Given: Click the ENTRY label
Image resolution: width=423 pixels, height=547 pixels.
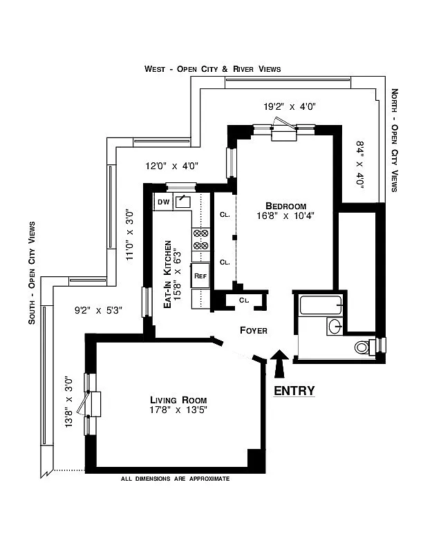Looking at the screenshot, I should coord(294,391).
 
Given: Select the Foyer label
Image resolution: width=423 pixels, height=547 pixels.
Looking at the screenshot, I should coord(253,331).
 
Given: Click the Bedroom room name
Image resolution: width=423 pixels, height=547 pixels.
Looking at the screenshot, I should coord(286,206).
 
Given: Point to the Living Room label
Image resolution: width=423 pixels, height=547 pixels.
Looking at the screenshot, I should coord(178,400).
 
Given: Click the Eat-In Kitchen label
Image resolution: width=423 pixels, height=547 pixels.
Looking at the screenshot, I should coord(167,273).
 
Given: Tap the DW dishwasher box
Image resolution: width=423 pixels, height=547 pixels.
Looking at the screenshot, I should coord(164,202).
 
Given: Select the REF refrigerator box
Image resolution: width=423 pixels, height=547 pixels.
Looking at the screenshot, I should coord(200,276).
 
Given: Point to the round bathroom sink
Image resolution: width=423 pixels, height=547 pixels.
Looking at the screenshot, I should coord(332,326).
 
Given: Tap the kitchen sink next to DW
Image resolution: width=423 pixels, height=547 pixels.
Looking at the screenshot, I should coord(183,201).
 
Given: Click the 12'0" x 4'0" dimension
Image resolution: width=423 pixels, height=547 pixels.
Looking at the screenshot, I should coord(172,166).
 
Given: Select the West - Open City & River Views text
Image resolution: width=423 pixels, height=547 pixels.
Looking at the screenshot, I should coord(212,69).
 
